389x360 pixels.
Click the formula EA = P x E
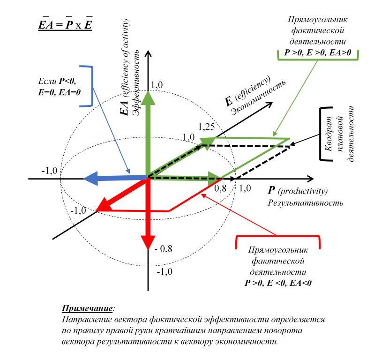65,24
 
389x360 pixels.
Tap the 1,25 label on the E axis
206,127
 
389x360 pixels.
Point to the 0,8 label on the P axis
220,188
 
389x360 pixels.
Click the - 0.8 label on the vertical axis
164,249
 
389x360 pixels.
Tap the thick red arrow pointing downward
148,216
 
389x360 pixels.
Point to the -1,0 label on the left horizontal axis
49,170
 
